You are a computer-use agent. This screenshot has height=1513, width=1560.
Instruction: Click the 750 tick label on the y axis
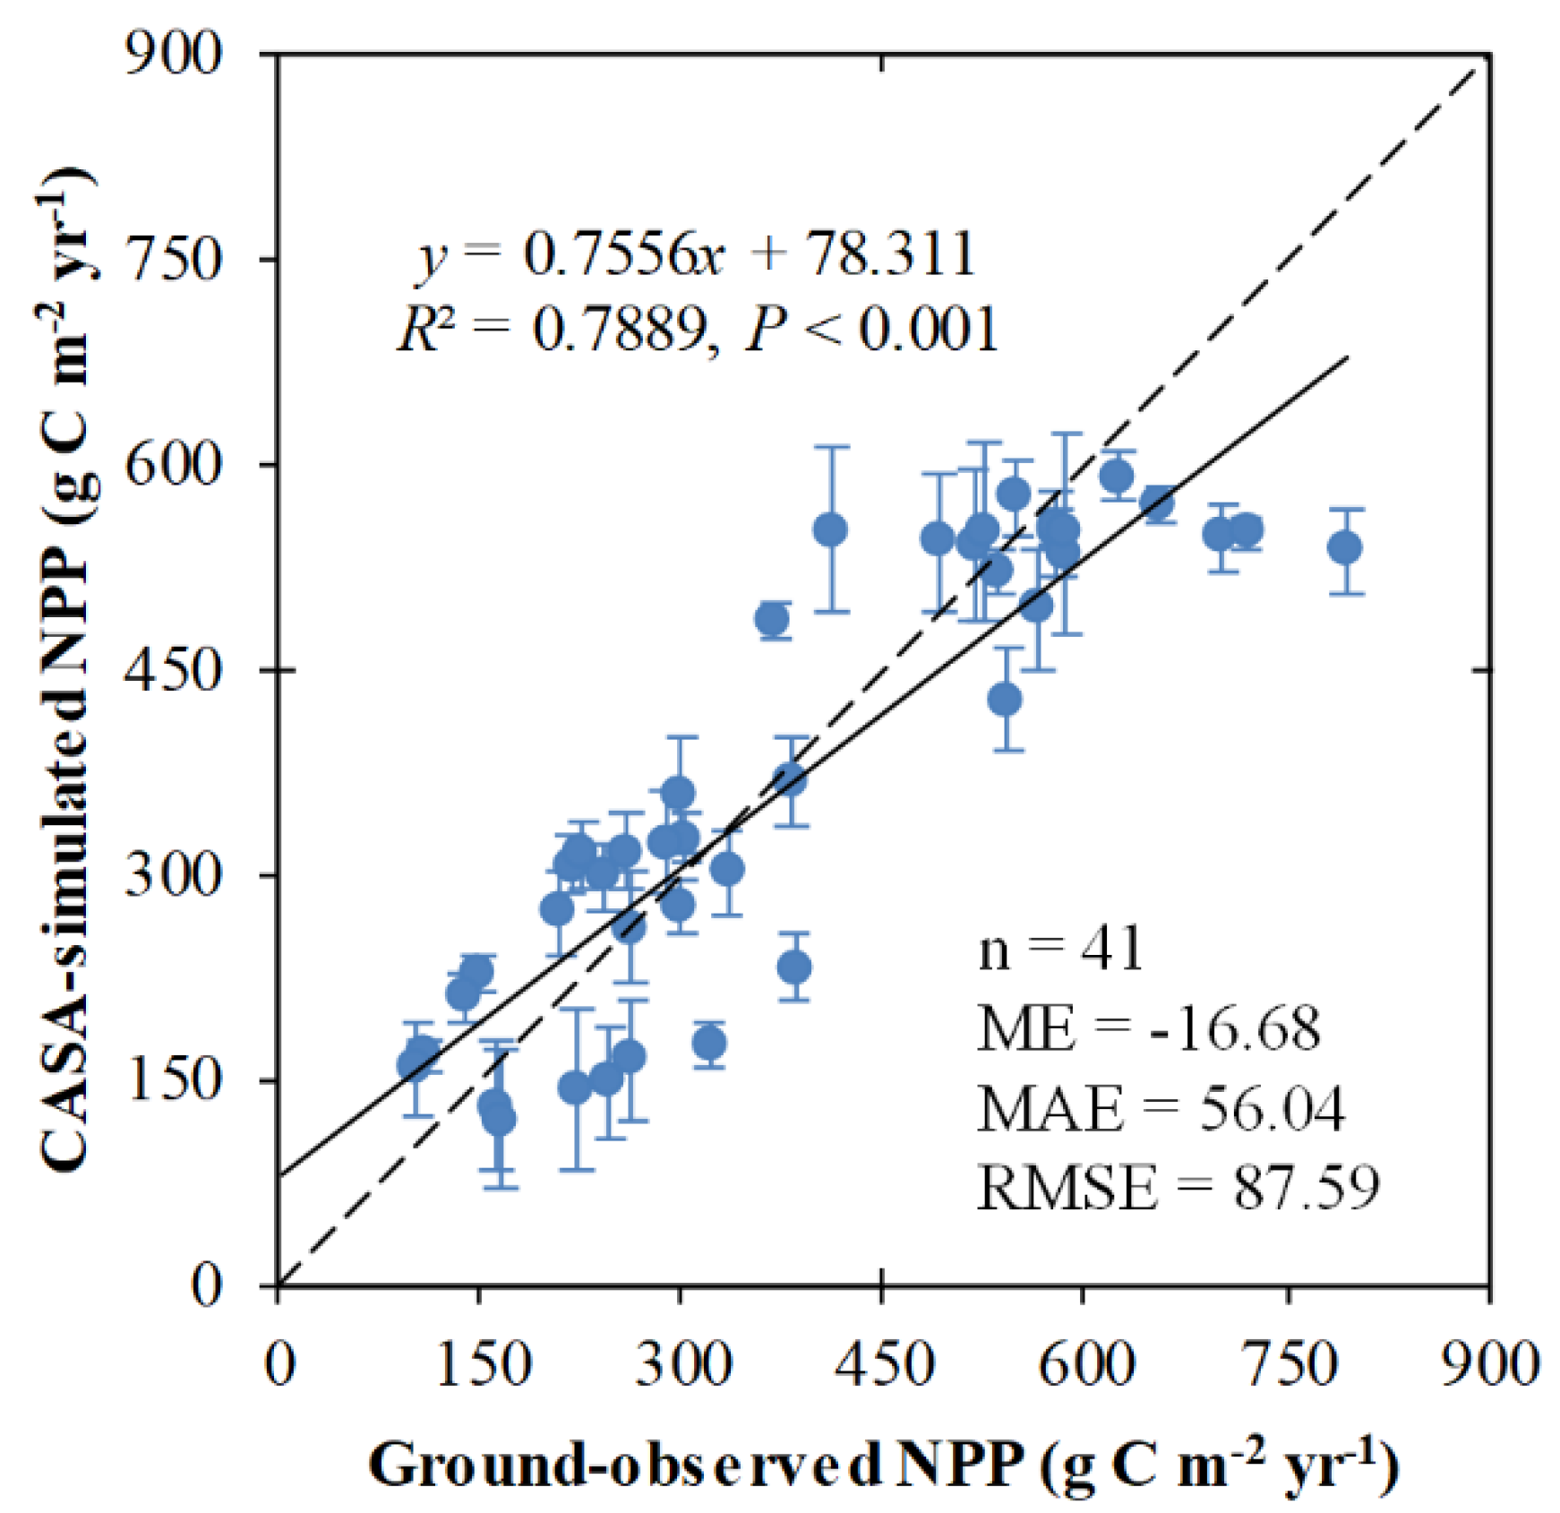(x=173, y=261)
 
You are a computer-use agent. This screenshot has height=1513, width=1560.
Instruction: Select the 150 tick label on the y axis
(x=173, y=1079)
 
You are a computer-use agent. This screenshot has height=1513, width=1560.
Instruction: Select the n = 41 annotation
(x=1060, y=949)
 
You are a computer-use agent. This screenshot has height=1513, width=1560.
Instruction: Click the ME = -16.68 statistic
(x=1148, y=1027)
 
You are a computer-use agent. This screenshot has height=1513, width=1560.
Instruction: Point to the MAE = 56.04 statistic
(x=1160, y=1108)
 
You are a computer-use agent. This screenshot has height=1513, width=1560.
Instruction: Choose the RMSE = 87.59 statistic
(x=1178, y=1188)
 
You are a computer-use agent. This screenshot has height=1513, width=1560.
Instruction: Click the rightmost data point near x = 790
(x=1345, y=547)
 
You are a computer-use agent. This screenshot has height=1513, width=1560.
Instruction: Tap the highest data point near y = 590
(x=1117, y=476)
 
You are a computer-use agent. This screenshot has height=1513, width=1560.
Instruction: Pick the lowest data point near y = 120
(x=499, y=1119)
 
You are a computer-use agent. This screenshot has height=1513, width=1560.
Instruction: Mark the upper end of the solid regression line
(x=1347, y=357)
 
